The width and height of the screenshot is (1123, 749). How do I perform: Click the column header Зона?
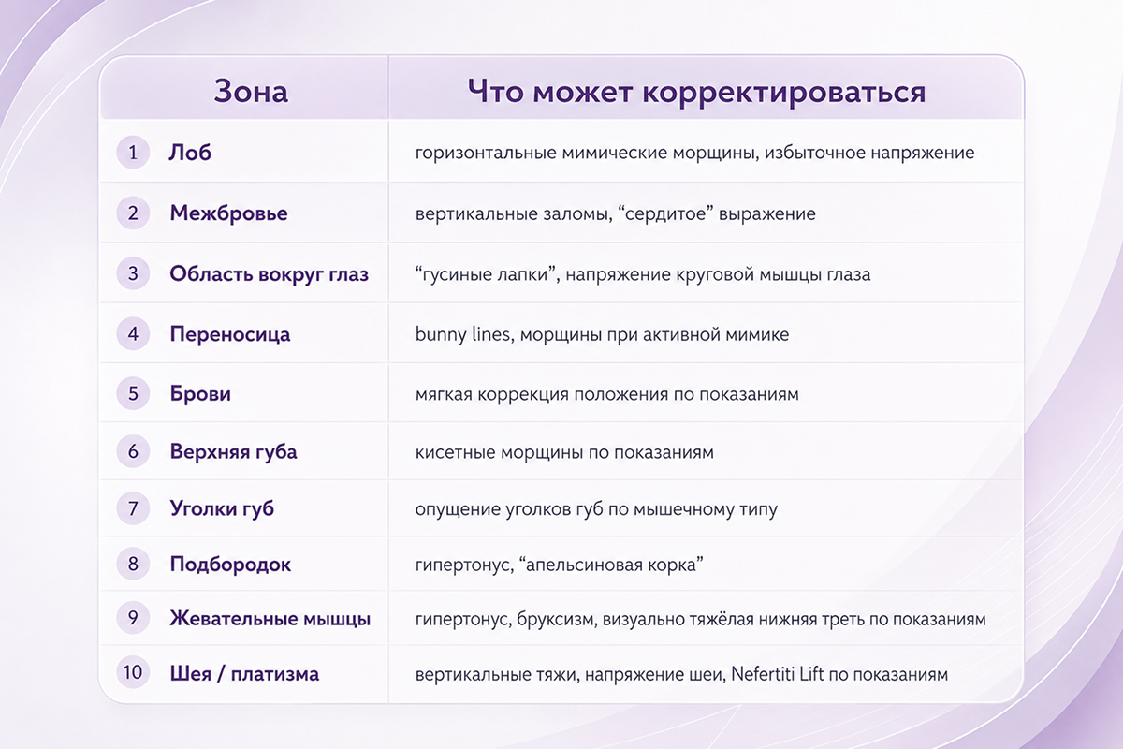251,92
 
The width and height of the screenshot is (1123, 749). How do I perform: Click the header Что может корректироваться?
696,92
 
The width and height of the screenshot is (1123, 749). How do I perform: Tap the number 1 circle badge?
133,152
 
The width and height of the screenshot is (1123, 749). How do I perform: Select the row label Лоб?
190,153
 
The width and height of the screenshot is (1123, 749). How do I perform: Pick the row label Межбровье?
228,213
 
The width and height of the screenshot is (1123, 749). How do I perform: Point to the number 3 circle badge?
133,273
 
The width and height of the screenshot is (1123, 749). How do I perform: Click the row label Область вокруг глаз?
269,274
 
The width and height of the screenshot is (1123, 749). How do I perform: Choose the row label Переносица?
229,334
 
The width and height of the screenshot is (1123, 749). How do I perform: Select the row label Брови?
200,393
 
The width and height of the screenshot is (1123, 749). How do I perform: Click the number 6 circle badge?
133,451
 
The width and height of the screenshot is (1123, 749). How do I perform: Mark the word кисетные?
455,452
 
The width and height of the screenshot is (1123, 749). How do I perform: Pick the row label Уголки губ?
222,508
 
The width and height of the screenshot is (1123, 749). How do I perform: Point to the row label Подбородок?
230,565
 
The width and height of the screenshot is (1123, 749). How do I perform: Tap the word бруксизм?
557,619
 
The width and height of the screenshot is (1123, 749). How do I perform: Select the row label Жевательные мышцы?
270,619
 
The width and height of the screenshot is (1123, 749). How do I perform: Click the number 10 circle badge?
133,672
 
